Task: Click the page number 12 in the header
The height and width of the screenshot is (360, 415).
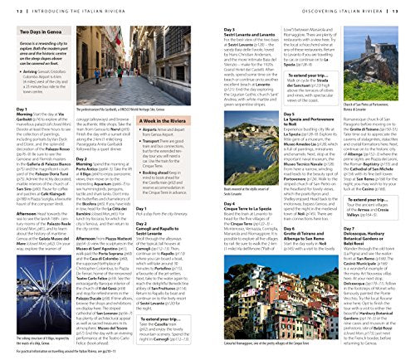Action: pyautogui.click(x=6, y=7)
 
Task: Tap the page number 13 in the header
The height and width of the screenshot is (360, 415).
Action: pyautogui.click(x=408, y=7)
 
